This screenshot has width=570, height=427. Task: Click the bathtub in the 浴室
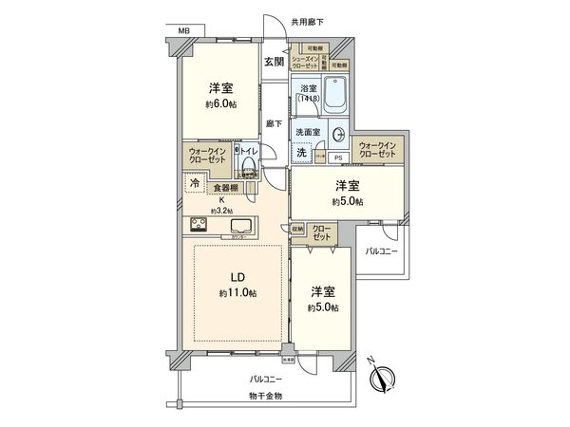tap(335, 95)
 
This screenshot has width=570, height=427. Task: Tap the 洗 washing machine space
tap(301, 153)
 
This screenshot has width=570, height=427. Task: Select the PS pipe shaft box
tap(338, 158)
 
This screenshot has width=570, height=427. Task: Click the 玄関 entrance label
tap(274, 62)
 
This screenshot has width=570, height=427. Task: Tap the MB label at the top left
tap(183, 31)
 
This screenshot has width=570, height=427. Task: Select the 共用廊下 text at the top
tap(308, 20)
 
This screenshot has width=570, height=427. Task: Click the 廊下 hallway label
tap(274, 121)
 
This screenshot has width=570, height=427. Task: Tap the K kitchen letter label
tap(221, 199)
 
